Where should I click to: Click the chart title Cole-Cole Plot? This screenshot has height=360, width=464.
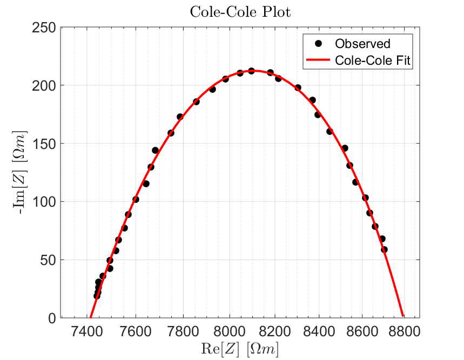(x=240, y=12)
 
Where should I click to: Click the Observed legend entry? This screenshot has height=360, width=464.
(x=362, y=44)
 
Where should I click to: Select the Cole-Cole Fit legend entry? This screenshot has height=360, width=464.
(x=373, y=60)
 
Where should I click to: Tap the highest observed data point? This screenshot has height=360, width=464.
(x=251, y=71)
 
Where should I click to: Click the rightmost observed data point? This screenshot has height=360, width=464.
(x=384, y=249)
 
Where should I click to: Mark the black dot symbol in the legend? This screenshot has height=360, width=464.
(x=318, y=44)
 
